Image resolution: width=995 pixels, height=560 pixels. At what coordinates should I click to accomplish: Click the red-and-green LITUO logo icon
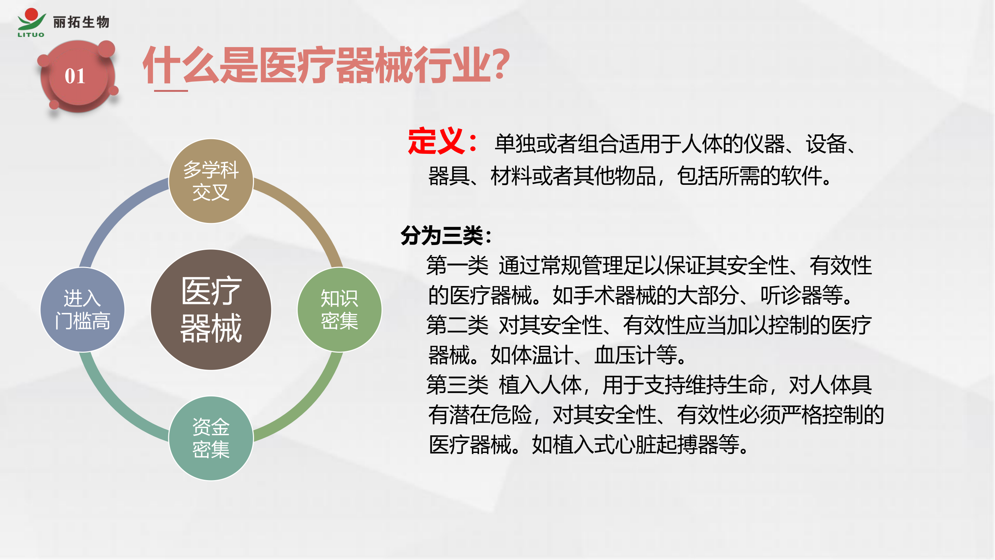pyautogui.click(x=31, y=22)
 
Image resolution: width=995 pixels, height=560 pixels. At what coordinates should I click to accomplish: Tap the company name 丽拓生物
pyautogui.click(x=81, y=22)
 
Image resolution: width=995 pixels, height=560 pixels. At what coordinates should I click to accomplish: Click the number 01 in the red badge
pyautogui.click(x=75, y=76)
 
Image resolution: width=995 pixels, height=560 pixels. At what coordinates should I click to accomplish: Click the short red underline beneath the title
pyautogui.click(x=171, y=91)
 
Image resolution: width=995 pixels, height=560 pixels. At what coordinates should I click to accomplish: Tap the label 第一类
pyautogui.click(x=457, y=266)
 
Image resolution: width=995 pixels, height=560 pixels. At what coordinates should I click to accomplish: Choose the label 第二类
pyautogui.click(x=457, y=325)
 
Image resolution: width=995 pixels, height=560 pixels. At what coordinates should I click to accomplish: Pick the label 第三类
pyautogui.click(x=457, y=385)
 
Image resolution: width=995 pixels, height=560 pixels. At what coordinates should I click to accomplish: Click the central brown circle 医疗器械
pyautogui.click(x=211, y=309)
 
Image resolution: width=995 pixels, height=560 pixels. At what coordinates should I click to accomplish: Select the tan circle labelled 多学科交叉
pyautogui.click(x=211, y=181)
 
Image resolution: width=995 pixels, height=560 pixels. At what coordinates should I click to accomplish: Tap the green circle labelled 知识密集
pyautogui.click(x=340, y=309)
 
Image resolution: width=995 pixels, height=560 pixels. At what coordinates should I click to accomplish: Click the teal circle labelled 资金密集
pyautogui.click(x=211, y=438)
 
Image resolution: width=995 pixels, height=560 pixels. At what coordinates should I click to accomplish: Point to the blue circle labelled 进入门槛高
pyautogui.click(x=82, y=309)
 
